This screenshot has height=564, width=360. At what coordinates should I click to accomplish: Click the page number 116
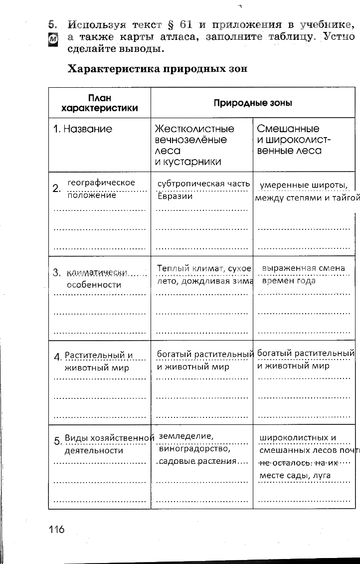point(57,529)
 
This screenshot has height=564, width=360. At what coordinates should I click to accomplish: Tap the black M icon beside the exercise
point(53,40)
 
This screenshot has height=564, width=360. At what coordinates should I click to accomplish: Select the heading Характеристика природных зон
point(157,69)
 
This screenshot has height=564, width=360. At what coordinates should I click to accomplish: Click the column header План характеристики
point(99,103)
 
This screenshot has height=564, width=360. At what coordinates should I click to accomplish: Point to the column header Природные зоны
point(253,103)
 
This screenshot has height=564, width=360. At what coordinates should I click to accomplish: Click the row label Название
point(83,129)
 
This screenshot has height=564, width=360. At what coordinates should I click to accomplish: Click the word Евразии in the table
point(175,196)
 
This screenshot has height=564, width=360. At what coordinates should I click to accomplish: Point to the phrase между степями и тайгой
point(307,198)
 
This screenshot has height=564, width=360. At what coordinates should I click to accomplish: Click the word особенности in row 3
point(94,285)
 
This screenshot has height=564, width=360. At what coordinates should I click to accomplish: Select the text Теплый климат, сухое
point(204,268)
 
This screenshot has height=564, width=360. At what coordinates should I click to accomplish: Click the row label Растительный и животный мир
point(98,362)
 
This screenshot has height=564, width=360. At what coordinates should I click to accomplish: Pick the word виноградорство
point(190,448)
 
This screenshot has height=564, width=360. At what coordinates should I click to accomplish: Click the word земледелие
point(185,436)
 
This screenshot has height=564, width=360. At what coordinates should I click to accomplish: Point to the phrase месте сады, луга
point(295,476)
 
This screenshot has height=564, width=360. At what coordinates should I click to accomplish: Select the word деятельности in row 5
point(94,450)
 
